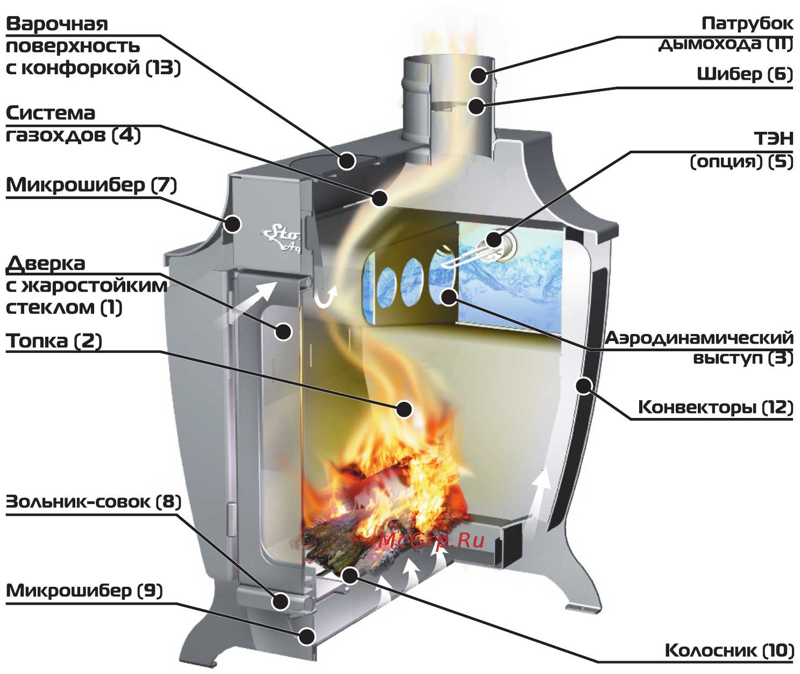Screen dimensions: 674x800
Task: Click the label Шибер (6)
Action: (x=745, y=74)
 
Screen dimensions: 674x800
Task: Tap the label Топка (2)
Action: (x=54, y=340)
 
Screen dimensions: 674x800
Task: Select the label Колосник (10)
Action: (x=729, y=650)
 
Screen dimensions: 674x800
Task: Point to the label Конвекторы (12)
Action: (x=716, y=407)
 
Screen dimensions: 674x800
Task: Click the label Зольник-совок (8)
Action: (x=93, y=502)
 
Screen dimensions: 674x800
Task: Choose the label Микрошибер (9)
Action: (x=84, y=591)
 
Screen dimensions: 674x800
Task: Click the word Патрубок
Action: (x=747, y=24)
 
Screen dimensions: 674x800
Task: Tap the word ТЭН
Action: (x=774, y=138)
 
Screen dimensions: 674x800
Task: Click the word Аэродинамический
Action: (x=699, y=338)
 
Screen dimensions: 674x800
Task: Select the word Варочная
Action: (x=57, y=24)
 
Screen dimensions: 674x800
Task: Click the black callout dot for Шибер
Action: (x=476, y=106)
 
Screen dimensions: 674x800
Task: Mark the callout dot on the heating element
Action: (x=494, y=239)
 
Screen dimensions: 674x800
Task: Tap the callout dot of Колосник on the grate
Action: (x=350, y=576)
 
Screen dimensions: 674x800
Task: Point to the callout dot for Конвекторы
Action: (x=583, y=385)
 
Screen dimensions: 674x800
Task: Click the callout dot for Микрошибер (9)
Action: (x=307, y=636)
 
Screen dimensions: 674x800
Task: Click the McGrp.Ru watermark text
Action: (x=431, y=541)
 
